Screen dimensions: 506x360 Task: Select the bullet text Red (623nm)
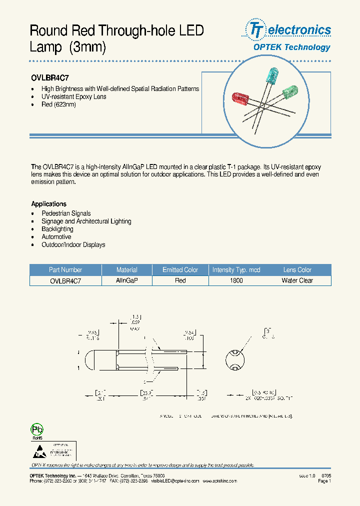[x=58, y=104]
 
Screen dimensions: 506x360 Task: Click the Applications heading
[x=48, y=204]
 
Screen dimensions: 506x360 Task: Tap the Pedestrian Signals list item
[x=66, y=213]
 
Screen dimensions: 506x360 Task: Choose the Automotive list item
[x=56, y=237]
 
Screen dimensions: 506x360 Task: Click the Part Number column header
[x=65, y=270]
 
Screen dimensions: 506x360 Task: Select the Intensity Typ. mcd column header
[x=236, y=270]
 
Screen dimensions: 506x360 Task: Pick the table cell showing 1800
[x=236, y=281]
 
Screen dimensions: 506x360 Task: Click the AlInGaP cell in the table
[x=126, y=281]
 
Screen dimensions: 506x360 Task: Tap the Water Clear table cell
[x=297, y=281]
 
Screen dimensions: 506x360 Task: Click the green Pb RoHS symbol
[x=37, y=430]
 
